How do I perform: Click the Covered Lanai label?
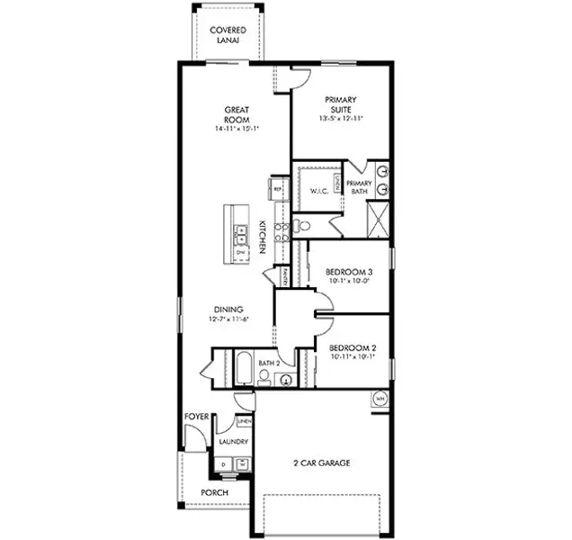coord(228,35)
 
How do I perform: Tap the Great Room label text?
coord(237,114)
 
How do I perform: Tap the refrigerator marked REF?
coord(277,189)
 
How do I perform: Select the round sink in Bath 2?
coord(285,379)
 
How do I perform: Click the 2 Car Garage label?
coord(321,463)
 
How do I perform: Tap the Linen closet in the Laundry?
coord(244,421)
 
